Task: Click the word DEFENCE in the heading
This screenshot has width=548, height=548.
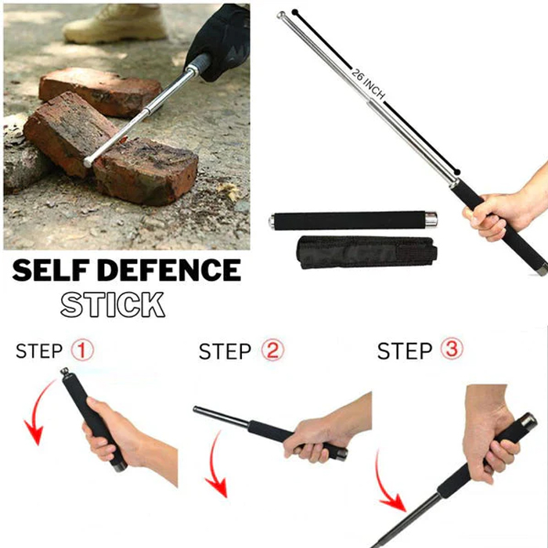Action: pyautogui.click(x=169, y=270)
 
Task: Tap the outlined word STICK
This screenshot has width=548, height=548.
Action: pyautogui.click(x=113, y=305)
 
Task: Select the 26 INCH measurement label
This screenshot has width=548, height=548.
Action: pyautogui.click(x=368, y=84)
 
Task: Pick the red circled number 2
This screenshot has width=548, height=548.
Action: pyautogui.click(x=272, y=350)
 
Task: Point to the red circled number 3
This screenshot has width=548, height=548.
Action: pyautogui.click(x=452, y=349)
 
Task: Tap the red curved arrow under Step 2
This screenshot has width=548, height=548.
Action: pyautogui.click(x=214, y=465)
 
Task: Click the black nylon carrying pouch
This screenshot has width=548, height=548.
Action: pyautogui.click(x=366, y=252)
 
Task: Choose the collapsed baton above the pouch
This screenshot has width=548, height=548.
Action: pyautogui.click(x=352, y=221)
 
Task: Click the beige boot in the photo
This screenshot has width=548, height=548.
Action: pyautogui.click(x=115, y=23)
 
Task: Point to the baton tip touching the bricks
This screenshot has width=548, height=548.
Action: pyautogui.click(x=88, y=162)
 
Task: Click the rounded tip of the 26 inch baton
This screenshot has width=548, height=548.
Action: pyautogui.click(x=280, y=15)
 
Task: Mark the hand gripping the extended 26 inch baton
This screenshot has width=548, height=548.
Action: pyautogui.click(x=503, y=210)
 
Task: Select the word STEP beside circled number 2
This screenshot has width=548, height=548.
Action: pyautogui.click(x=225, y=352)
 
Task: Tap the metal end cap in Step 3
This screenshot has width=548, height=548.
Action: pyautogui.click(x=528, y=421)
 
